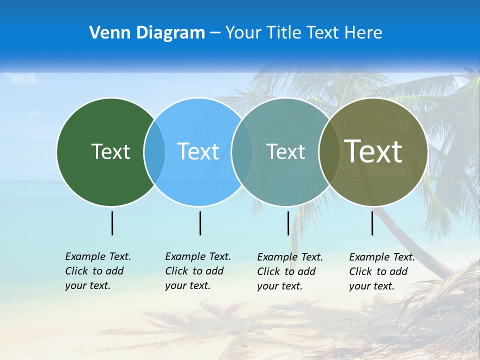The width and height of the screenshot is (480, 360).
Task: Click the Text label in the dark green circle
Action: coord(110,151)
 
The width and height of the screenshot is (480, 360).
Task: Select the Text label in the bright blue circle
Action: coord(198,151)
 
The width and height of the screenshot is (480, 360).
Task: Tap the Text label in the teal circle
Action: coord(285,151)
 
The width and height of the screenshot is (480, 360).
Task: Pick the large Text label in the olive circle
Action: coord(373,151)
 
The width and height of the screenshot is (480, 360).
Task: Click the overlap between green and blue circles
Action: coord(154,151)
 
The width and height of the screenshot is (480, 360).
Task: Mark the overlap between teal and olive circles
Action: coord(328,151)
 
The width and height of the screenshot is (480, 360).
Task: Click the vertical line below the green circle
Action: coord(112,223)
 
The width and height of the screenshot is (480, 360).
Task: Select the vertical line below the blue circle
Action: coord(200,223)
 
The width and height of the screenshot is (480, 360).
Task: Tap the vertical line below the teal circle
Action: coord(288,223)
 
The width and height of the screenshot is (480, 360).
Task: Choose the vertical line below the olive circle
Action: coord(372,223)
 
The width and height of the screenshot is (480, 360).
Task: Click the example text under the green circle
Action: coord(97,271)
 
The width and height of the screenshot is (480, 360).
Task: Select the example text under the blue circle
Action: coord(197,271)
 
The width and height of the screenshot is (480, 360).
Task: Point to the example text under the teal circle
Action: coord(289,271)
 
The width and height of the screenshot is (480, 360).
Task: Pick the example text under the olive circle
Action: coord(381,271)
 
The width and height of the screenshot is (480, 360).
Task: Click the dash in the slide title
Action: coord(215,33)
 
